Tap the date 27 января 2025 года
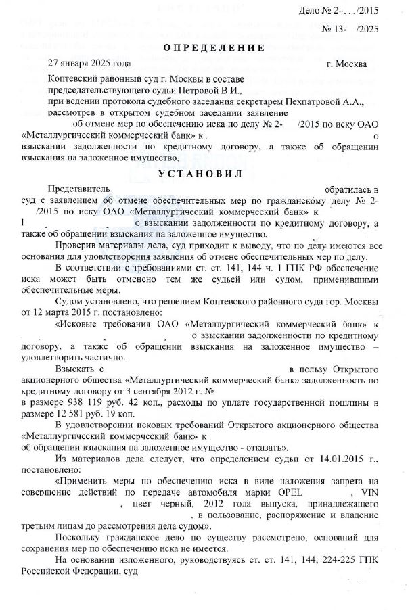point(89,64)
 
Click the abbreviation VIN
point(371,493)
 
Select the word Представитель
point(81,190)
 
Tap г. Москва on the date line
point(347,64)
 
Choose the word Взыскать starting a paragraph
point(76,369)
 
